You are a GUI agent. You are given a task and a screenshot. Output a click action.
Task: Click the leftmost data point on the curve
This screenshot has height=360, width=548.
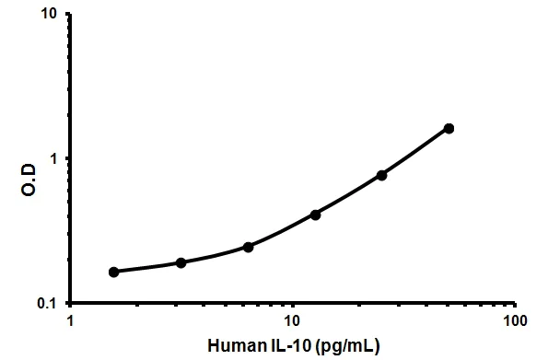pyautogui.click(x=113, y=272)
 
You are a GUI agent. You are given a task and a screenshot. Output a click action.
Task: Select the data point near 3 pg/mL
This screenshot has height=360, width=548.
pyautogui.click(x=181, y=262)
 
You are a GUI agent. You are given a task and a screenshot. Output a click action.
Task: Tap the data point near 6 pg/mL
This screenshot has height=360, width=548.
pyautogui.click(x=249, y=247)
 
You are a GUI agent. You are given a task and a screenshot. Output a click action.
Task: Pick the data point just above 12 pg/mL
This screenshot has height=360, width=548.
pyautogui.click(x=315, y=215)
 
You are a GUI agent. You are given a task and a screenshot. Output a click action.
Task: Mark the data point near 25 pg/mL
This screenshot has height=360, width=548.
pyautogui.click(x=381, y=175)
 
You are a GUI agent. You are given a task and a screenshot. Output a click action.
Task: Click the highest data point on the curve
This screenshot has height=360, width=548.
pyautogui.click(x=449, y=128)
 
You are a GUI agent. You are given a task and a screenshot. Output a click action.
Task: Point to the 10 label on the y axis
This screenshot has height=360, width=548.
pyautogui.click(x=52, y=16)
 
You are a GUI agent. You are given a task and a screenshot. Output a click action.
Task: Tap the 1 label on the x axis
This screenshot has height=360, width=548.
pyautogui.click(x=71, y=321)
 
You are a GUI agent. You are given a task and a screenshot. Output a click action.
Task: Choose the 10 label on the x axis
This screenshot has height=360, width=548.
pyautogui.click(x=292, y=321)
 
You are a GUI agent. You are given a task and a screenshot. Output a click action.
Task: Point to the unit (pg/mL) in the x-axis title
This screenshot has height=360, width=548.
pyautogui.click(x=346, y=345)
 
